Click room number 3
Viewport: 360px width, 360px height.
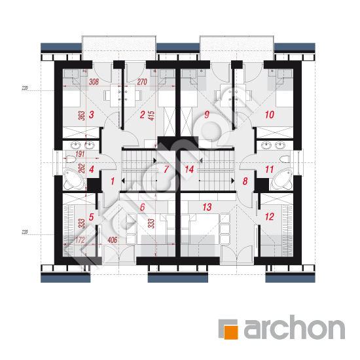pos(92,115)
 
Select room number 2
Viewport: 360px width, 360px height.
pos(141,115)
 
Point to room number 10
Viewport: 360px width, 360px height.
pos(269,115)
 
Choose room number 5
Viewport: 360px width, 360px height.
pos(92,214)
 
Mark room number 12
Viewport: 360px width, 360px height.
pos(269,214)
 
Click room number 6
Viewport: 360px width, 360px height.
pos(142,207)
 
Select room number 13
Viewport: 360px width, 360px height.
pos(207,207)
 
